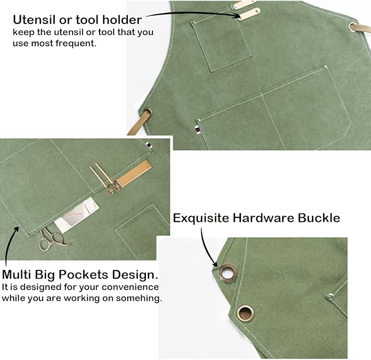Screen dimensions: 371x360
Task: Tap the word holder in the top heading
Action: tap(122, 20)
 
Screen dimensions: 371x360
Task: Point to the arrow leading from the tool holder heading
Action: tap(193, 14)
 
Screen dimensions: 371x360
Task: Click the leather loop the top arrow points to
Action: tap(249, 14)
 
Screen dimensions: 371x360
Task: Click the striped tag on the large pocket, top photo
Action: tap(198, 129)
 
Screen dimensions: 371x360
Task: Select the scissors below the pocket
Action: tap(53, 239)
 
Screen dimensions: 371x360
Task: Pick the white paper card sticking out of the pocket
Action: tap(76, 215)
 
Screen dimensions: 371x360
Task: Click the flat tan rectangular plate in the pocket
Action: tap(134, 173)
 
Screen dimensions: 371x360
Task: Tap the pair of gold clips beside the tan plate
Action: tap(105, 178)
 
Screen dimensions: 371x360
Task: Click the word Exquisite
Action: tap(201, 218)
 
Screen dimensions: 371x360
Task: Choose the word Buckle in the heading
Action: tap(319, 218)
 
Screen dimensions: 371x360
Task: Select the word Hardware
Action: tap(263, 218)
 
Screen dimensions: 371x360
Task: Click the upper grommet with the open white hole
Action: tap(227, 273)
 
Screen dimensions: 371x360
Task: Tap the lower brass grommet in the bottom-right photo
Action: tap(245, 313)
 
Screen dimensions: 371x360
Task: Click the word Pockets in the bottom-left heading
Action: tap(84, 275)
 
